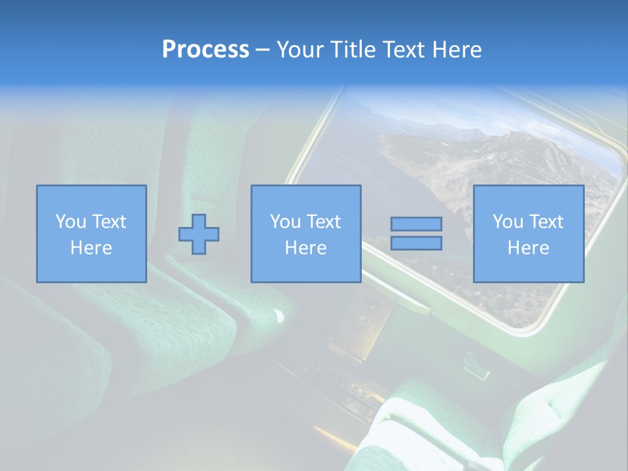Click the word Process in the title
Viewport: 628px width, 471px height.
205,49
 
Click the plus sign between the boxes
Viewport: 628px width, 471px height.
199,234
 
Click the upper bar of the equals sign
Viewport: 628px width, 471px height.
416,224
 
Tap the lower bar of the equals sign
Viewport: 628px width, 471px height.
416,243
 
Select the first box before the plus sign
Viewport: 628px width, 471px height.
92,196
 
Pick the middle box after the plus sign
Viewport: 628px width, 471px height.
306,196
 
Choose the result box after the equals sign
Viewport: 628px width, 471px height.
529,196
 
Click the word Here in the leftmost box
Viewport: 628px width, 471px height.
92,248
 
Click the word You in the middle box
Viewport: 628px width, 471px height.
285,222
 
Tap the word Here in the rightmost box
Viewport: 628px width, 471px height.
529,248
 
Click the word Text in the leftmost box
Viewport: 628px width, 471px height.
109,222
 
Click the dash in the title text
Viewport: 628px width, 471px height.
263,50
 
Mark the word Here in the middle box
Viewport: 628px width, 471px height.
306,248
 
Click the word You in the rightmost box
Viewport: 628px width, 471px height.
508,222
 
